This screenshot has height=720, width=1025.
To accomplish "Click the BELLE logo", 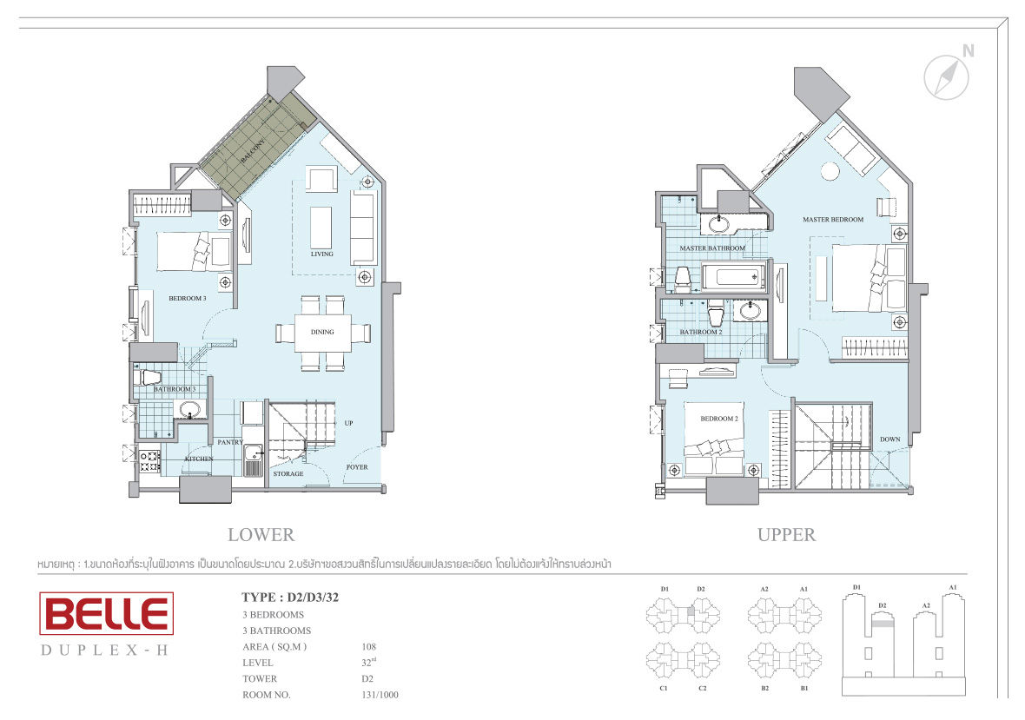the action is pyautogui.click(x=107, y=613).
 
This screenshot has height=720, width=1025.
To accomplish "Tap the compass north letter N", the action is pyautogui.click(x=968, y=51).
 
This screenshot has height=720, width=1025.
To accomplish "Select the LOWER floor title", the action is pyautogui.click(x=261, y=535).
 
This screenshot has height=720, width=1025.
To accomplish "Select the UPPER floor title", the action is pyautogui.click(x=786, y=535).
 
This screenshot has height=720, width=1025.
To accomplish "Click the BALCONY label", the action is pyautogui.click(x=253, y=151).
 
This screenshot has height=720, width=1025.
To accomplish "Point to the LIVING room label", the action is pyautogui.click(x=321, y=254).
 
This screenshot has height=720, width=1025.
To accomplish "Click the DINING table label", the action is pyautogui.click(x=322, y=332).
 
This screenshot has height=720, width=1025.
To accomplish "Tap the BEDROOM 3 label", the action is pyautogui.click(x=188, y=299).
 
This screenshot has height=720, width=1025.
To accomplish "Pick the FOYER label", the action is pyautogui.click(x=357, y=467).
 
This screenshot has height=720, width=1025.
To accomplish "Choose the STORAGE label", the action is pyautogui.click(x=288, y=473).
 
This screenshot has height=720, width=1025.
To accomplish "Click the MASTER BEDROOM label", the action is pyautogui.click(x=833, y=220).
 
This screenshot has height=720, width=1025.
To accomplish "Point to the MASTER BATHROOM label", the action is pyautogui.click(x=712, y=248).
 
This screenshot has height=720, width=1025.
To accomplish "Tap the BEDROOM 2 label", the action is pyautogui.click(x=719, y=419).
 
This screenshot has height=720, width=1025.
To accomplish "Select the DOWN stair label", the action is pyautogui.click(x=889, y=439).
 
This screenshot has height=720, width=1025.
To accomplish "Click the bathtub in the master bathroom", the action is pyautogui.click(x=733, y=277).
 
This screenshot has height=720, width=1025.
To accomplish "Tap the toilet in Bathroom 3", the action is pyautogui.click(x=149, y=377).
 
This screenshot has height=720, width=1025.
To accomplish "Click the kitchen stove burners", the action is pyautogui.click(x=149, y=460).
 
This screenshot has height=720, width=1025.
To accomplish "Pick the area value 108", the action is pyautogui.click(x=368, y=647).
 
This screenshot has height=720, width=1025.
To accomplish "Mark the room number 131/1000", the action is pyautogui.click(x=380, y=695).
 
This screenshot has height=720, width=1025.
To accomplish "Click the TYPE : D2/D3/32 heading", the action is pyautogui.click(x=290, y=598).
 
